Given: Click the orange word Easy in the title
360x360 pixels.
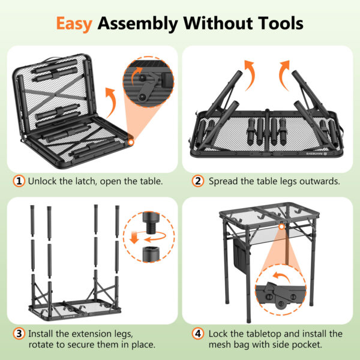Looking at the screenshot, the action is click(x=74, y=23).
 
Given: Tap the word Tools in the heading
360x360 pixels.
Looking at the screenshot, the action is click(x=280, y=23).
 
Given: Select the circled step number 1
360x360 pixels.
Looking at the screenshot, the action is click(x=19, y=181).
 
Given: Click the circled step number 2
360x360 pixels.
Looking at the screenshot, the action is click(x=197, y=181).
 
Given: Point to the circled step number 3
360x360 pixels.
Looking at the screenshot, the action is click(x=19, y=334).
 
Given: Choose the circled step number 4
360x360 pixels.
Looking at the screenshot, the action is click(x=197, y=334).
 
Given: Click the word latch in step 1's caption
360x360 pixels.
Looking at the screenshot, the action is click(x=85, y=181).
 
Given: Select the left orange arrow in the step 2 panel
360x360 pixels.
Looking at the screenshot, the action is click(x=249, y=75).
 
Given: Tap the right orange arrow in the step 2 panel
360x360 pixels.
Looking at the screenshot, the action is click(x=284, y=75).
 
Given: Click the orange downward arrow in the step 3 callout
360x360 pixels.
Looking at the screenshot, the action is click(x=134, y=238).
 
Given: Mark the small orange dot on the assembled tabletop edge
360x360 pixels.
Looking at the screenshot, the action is click(x=281, y=227).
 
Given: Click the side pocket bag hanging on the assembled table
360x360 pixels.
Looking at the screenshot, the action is click(x=241, y=255).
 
